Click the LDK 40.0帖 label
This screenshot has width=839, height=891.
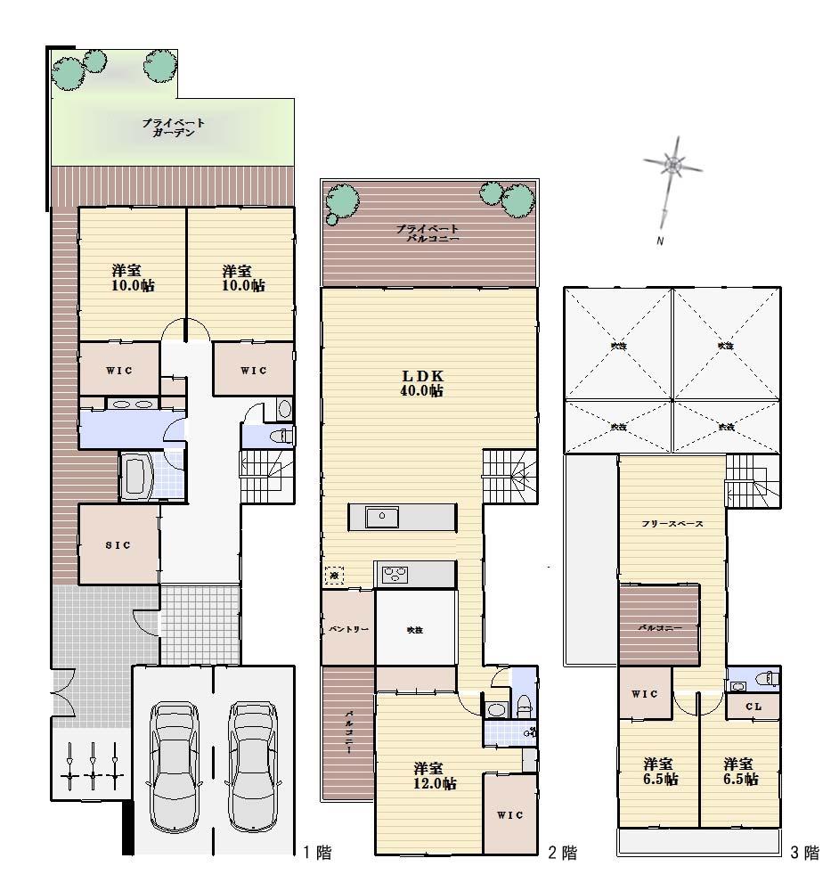point(422,383)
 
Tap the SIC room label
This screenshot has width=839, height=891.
point(118,545)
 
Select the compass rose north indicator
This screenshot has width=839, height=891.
point(674,166)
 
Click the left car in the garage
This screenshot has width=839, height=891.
point(174,764)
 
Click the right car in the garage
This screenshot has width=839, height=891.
point(253,764)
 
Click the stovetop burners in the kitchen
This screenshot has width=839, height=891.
point(395,575)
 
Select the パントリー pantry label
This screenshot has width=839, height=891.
point(347,630)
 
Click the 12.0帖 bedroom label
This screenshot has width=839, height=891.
point(435,775)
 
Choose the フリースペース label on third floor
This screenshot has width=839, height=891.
point(672,524)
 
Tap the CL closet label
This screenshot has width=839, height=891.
point(753,707)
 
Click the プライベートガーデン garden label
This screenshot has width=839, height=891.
point(174,127)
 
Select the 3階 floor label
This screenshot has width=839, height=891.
point(804,854)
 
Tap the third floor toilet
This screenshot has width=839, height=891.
point(763,680)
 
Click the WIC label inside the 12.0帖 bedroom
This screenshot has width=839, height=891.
point(510,814)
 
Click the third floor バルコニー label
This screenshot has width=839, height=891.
point(659,628)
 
